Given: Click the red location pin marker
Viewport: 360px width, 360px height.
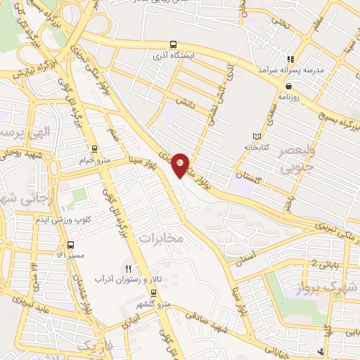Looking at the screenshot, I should tap(181, 163).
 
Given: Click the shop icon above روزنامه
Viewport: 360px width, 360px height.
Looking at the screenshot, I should tap(288, 86).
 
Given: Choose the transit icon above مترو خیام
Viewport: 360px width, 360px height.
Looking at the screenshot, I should tap(94, 148).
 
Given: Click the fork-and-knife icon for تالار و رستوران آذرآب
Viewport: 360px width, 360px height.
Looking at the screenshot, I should tap(128, 268).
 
